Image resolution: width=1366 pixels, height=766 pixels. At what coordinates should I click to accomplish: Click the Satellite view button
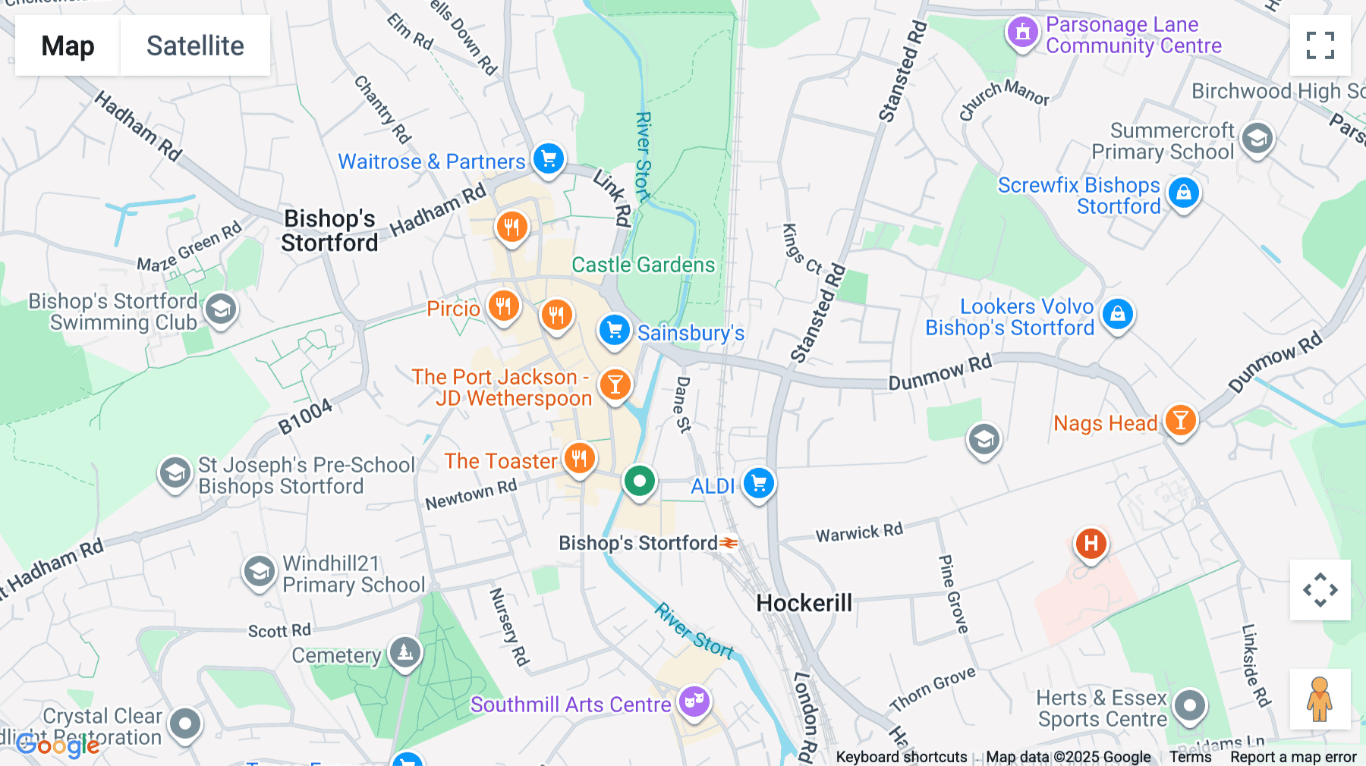195,46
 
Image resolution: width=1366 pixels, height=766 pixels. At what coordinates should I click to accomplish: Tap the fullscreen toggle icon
1320,46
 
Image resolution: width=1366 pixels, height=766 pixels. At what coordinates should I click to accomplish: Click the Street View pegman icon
1320,699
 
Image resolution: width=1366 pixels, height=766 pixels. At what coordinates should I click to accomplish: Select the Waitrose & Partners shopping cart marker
549,159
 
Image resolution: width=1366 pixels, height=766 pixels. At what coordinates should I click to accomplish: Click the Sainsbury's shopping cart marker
614,330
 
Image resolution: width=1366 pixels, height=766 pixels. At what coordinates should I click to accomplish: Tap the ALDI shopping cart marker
758,483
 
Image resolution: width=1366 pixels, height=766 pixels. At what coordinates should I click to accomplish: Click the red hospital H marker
1091,543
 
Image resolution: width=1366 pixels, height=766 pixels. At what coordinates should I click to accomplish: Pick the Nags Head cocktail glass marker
1180,419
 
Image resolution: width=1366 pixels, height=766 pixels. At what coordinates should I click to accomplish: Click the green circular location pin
640,481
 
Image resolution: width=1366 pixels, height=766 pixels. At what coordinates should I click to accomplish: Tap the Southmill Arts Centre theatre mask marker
694,701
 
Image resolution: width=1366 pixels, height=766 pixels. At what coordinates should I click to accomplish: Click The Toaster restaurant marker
580,458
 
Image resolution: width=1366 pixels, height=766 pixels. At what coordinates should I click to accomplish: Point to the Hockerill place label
804,603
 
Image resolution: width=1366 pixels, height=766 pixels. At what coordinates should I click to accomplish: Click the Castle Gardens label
643,265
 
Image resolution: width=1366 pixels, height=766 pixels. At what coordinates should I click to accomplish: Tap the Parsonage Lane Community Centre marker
1022,33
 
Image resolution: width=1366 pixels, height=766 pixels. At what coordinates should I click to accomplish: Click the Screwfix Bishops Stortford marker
1183,193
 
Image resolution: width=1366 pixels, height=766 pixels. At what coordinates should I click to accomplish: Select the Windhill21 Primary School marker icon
259,572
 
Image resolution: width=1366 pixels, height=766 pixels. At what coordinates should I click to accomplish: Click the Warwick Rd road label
859,532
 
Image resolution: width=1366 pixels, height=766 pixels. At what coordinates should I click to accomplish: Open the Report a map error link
1293,757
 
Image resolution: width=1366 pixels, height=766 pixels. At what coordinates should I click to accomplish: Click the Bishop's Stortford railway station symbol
729,543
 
